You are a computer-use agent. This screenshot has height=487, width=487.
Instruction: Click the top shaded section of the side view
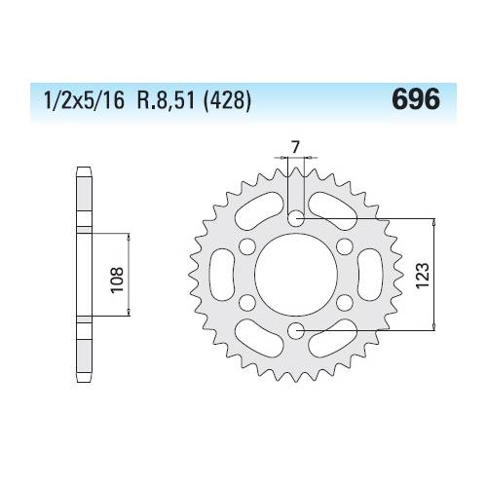pyautogui.click(x=85, y=201)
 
